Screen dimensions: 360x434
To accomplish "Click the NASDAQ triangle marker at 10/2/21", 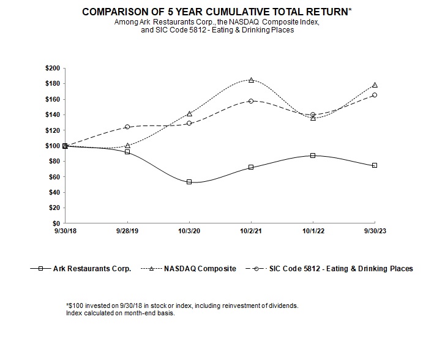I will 251,80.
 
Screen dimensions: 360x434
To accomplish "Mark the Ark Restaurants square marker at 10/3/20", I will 189,182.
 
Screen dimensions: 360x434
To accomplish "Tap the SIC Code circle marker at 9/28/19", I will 127,127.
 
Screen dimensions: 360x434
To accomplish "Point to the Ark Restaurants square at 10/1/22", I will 313,156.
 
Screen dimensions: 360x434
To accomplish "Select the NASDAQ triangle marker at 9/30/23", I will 375,85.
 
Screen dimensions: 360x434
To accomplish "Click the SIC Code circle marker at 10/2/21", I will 251,100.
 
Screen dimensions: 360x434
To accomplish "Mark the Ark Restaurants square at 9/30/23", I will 375,165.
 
